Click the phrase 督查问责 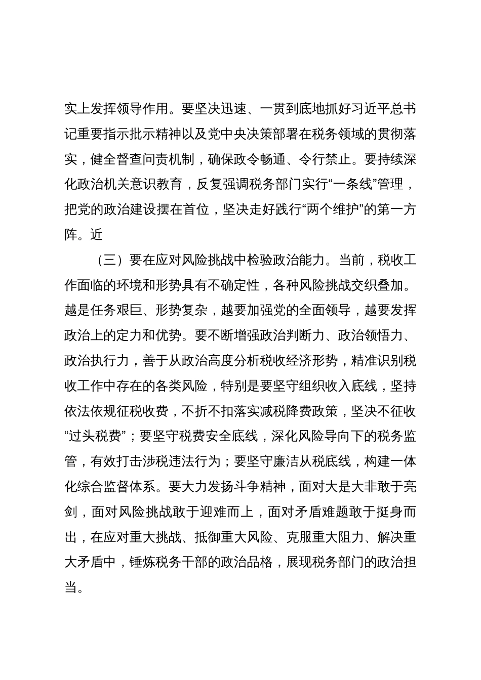(x=143, y=159)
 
